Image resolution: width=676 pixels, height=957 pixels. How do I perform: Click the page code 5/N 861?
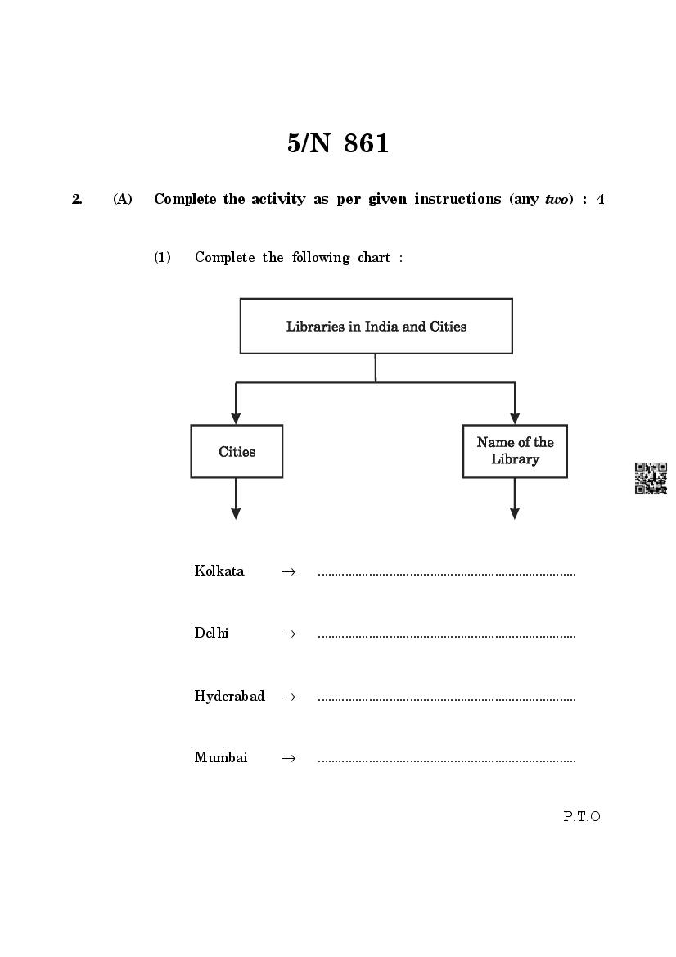point(338,144)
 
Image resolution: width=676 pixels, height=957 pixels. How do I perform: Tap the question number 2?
point(77,199)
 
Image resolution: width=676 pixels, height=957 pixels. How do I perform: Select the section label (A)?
point(123,199)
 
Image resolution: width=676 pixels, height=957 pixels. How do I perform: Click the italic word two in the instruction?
point(557,199)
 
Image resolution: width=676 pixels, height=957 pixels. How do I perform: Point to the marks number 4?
point(601,199)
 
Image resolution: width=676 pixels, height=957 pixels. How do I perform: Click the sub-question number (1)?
point(163,257)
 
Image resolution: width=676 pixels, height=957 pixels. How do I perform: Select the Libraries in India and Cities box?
point(376,326)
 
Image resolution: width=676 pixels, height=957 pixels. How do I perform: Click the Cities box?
point(237,451)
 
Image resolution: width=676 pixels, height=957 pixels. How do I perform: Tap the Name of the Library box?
point(515,451)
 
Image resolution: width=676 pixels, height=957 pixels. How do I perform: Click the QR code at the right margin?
point(651,478)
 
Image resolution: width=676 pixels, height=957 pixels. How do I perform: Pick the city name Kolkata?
point(219,571)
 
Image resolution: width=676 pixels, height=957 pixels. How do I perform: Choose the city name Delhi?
point(212,633)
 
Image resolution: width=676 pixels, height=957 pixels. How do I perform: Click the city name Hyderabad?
point(230,696)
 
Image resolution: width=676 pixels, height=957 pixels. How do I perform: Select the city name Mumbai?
point(221,757)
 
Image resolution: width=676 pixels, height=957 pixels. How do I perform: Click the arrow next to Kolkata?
point(288,571)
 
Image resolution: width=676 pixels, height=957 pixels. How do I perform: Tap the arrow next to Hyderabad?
point(288,697)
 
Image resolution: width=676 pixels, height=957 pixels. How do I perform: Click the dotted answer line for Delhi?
point(446,635)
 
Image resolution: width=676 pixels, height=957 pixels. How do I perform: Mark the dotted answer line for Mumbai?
point(446,761)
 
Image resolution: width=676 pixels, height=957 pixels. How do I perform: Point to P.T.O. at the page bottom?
point(583,816)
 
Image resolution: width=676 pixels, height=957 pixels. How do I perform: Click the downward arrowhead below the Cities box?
point(236,513)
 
